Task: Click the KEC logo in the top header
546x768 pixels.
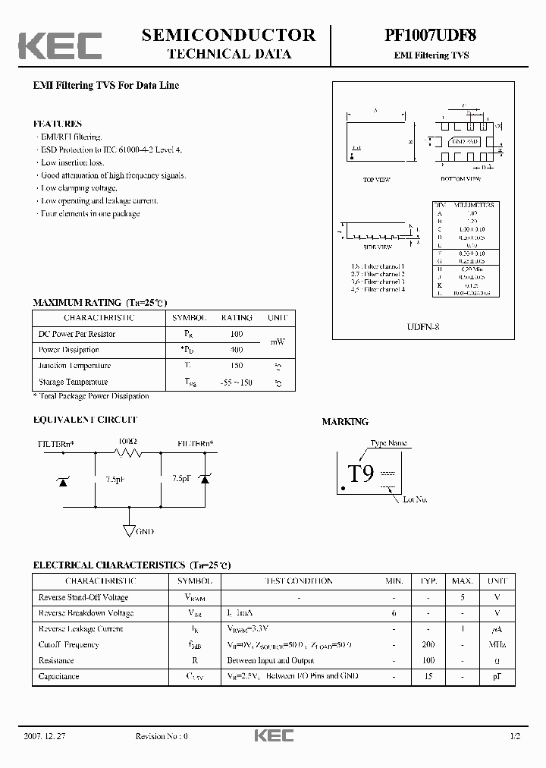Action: tap(60, 46)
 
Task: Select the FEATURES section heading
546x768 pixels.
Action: tap(57, 123)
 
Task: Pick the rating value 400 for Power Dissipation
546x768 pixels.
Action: tap(236, 350)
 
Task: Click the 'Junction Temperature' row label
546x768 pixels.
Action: tap(74, 366)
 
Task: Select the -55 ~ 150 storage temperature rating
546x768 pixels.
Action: tap(236, 382)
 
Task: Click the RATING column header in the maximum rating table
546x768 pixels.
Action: tap(237, 318)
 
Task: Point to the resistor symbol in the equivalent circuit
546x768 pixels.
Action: tap(128, 453)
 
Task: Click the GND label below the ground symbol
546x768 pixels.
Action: tap(144, 532)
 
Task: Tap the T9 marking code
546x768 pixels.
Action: tap(361, 474)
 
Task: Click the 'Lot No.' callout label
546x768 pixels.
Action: tap(416, 499)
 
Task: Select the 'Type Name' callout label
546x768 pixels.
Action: tap(388, 443)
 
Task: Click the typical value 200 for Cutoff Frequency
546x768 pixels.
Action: tap(428, 644)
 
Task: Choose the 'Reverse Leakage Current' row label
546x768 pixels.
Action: tap(80, 628)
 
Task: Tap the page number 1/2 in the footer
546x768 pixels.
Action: tap(515, 736)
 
